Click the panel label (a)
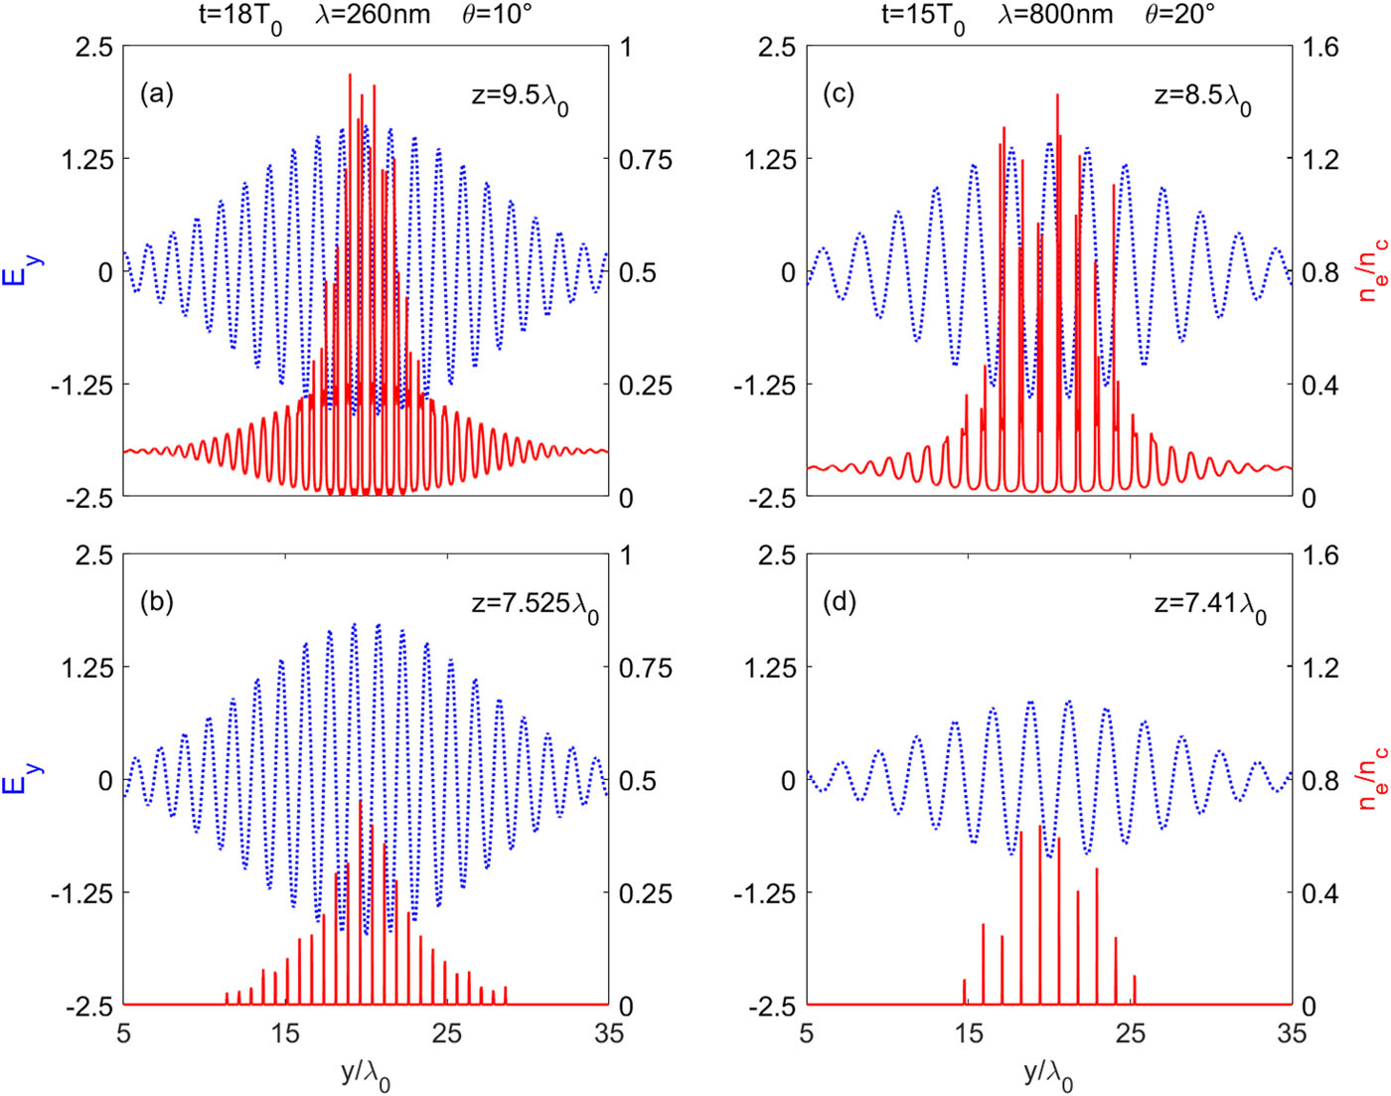click(157, 94)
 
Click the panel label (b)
click(157, 602)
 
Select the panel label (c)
click(840, 94)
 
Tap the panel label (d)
click(840, 602)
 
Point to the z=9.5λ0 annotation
click(520, 97)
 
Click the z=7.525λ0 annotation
click(536, 606)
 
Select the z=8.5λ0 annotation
click(1202, 97)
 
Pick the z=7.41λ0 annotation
click(1210, 606)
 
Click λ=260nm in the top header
click(373, 15)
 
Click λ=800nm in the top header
click(1055, 15)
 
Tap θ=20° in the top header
click(1180, 15)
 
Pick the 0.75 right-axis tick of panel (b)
click(646, 668)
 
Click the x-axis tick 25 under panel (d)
click(1131, 1033)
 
